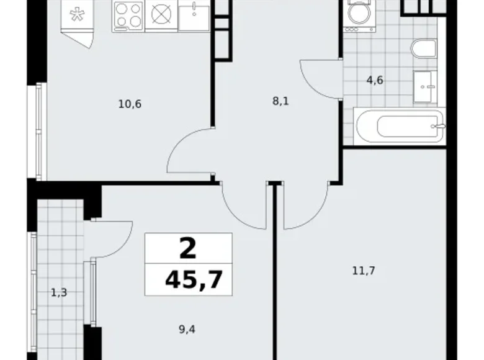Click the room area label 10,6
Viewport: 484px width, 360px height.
(130, 104)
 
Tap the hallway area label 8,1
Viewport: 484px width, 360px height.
(280, 102)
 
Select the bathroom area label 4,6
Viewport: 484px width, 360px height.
(374, 80)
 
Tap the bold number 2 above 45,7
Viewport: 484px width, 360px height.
(188, 249)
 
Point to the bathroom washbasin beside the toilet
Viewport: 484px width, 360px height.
(426, 87)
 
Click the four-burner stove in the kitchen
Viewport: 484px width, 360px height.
(128, 15)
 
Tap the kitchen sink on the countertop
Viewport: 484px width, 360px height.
(195, 15)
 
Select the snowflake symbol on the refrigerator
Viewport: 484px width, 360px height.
(76, 15)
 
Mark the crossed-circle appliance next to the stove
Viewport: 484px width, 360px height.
(161, 15)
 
